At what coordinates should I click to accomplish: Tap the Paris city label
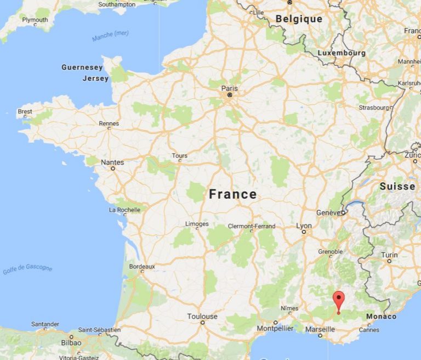(x=230, y=88)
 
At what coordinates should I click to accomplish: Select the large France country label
(x=232, y=194)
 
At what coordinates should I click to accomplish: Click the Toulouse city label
(x=202, y=316)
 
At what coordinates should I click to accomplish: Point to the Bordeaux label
(x=142, y=266)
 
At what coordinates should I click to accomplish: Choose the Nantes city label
(x=112, y=162)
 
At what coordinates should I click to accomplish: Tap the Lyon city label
(x=304, y=226)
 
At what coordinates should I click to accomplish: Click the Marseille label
(x=320, y=329)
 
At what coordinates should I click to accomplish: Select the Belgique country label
(x=299, y=19)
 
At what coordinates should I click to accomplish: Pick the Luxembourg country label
(x=341, y=53)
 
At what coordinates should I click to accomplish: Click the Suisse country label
(x=397, y=186)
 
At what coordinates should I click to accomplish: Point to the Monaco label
(x=381, y=317)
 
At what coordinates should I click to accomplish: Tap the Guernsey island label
(x=82, y=67)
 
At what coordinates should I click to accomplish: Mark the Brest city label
(x=25, y=111)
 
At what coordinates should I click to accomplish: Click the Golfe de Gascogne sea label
(x=27, y=269)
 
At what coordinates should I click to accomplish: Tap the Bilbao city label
(x=71, y=342)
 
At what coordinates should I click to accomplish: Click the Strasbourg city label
(x=373, y=108)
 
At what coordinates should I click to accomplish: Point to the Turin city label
(x=389, y=255)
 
